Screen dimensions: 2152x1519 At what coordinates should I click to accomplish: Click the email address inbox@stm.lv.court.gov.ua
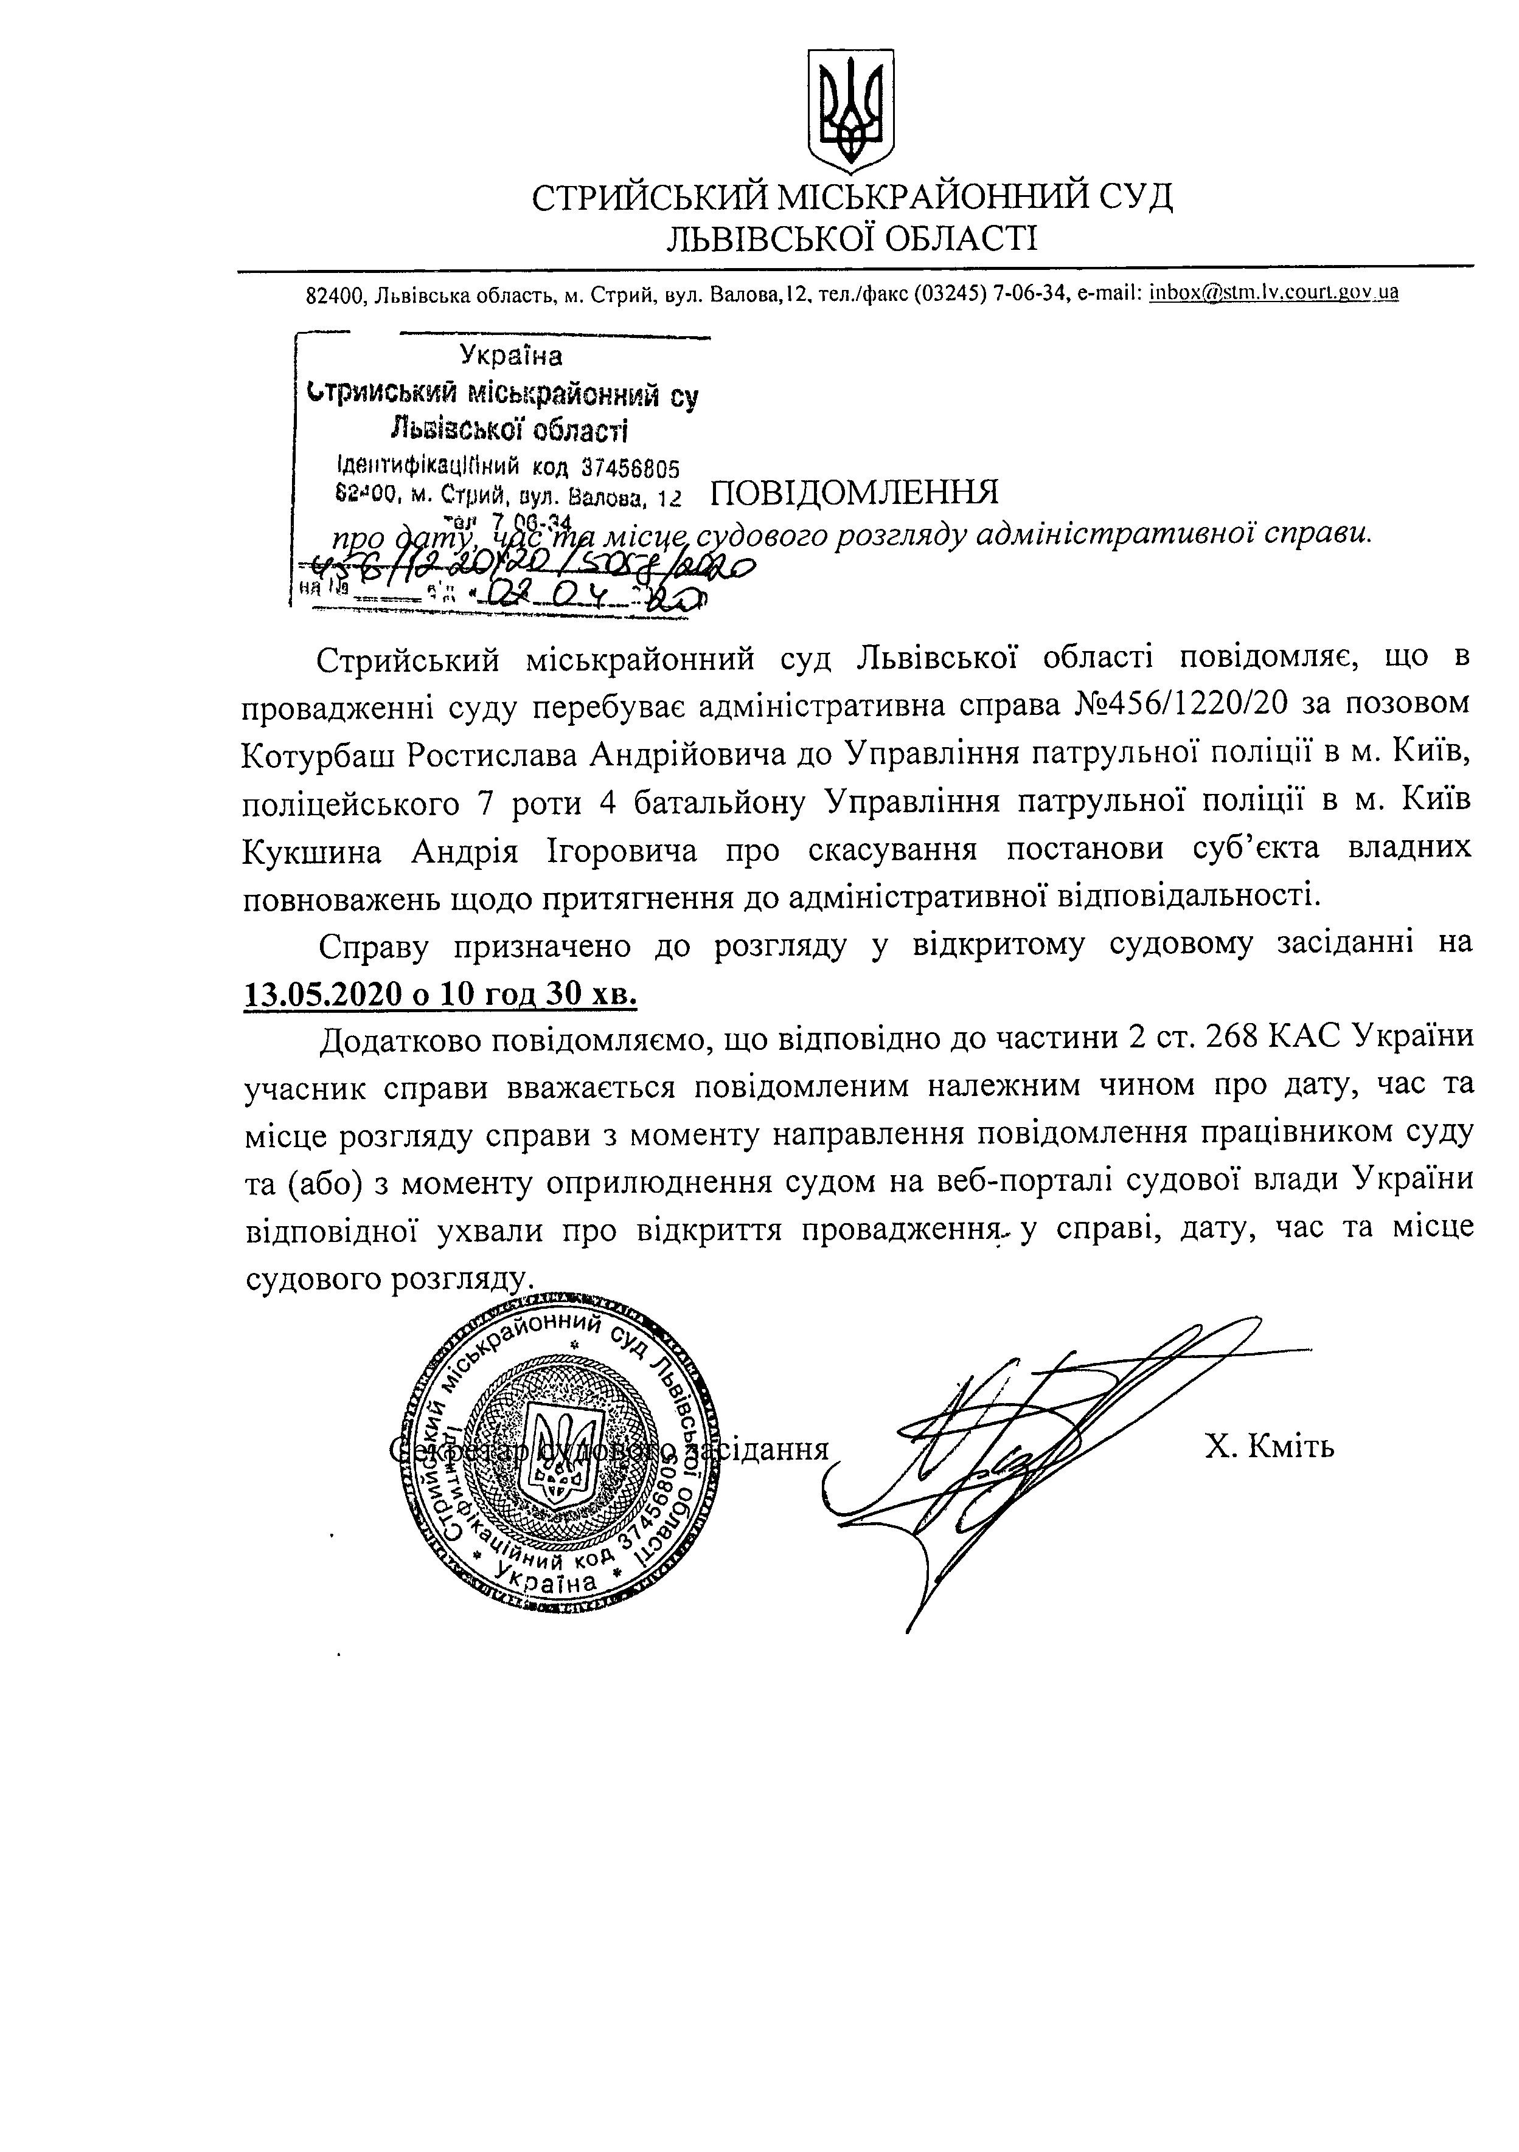click(x=1273, y=292)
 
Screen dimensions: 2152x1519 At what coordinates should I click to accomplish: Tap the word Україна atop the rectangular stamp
click(x=511, y=355)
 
